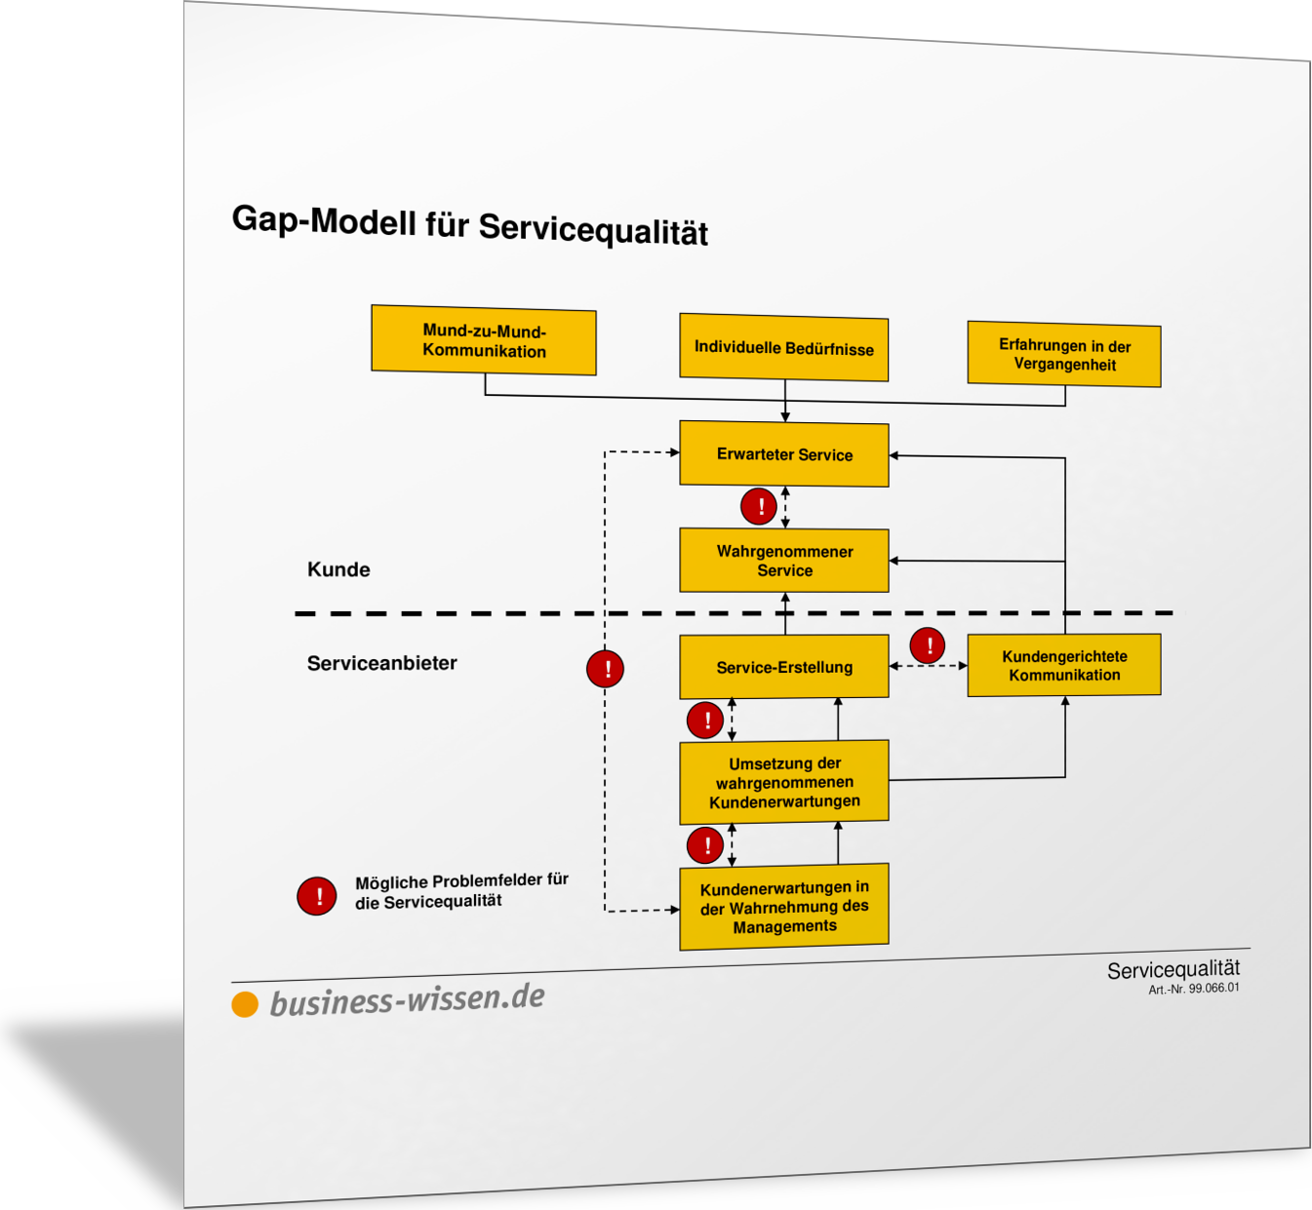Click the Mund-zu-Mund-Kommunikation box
pyautogui.click(x=484, y=340)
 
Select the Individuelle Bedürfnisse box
pyautogui.click(x=783, y=347)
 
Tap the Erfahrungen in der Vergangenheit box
pyautogui.click(x=1063, y=354)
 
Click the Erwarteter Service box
pyautogui.click(x=784, y=453)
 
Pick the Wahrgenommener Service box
pyautogui.click(x=784, y=560)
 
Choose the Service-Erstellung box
pyautogui.click(x=784, y=666)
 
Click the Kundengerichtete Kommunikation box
pyautogui.click(x=1063, y=665)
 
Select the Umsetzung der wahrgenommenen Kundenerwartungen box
pyautogui.click(x=784, y=782)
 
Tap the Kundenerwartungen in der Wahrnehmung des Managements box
pyautogui.click(x=784, y=906)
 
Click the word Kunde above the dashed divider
pyautogui.click(x=338, y=569)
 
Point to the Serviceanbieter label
pyautogui.click(x=381, y=663)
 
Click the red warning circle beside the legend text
pyautogui.click(x=316, y=896)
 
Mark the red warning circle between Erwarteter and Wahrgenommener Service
pyautogui.click(x=758, y=507)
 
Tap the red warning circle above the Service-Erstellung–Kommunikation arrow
pyautogui.click(x=927, y=645)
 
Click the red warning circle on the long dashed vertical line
pyautogui.click(x=605, y=669)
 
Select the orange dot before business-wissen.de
pyautogui.click(x=245, y=1004)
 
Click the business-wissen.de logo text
pyautogui.click(x=407, y=1000)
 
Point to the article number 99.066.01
pyautogui.click(x=1194, y=989)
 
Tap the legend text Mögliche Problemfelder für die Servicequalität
pyautogui.click(x=461, y=891)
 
